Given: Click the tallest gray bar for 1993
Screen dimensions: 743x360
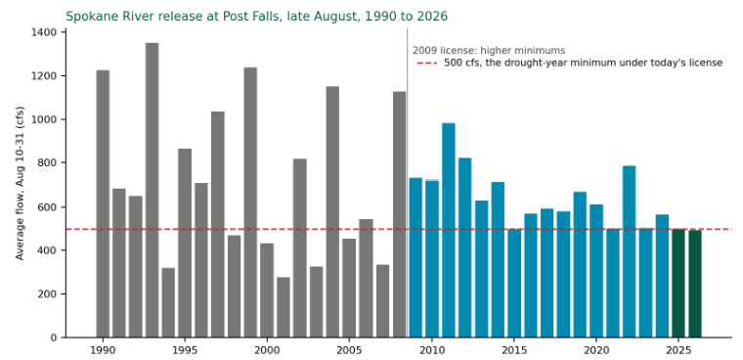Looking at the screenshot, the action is pos(153,190).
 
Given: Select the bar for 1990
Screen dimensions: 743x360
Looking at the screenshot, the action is pos(103,203).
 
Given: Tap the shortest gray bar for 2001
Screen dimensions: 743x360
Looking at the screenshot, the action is pos(284,307).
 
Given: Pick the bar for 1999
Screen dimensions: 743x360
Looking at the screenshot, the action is pos(250,202).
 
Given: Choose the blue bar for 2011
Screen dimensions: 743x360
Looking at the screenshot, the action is pos(449,231).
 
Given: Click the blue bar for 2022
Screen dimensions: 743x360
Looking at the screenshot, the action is pos(630,251).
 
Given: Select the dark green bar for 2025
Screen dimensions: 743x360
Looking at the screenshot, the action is pos(678,284).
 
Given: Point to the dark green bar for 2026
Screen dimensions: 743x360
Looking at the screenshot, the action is pos(695,284).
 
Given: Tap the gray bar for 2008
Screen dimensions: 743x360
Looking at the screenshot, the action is pos(400,214).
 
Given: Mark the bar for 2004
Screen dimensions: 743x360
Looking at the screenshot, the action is pos(332,212).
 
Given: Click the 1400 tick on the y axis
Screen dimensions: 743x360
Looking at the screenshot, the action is pos(64,32).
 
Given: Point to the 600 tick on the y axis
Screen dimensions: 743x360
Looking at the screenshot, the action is pos(64,206).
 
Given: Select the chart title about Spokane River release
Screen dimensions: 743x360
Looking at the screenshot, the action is pos(256,16).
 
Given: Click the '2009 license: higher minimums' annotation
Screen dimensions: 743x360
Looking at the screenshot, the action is pos(489,51).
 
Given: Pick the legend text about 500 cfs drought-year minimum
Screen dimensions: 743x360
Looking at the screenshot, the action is pos(584,63).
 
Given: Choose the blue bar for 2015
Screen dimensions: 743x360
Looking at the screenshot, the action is pos(514,284).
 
